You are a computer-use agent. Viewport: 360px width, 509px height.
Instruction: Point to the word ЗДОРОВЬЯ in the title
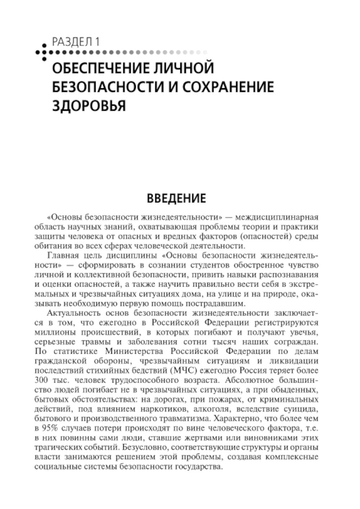tap(89, 106)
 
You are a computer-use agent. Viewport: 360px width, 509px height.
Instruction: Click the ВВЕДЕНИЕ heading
tap(176, 198)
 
